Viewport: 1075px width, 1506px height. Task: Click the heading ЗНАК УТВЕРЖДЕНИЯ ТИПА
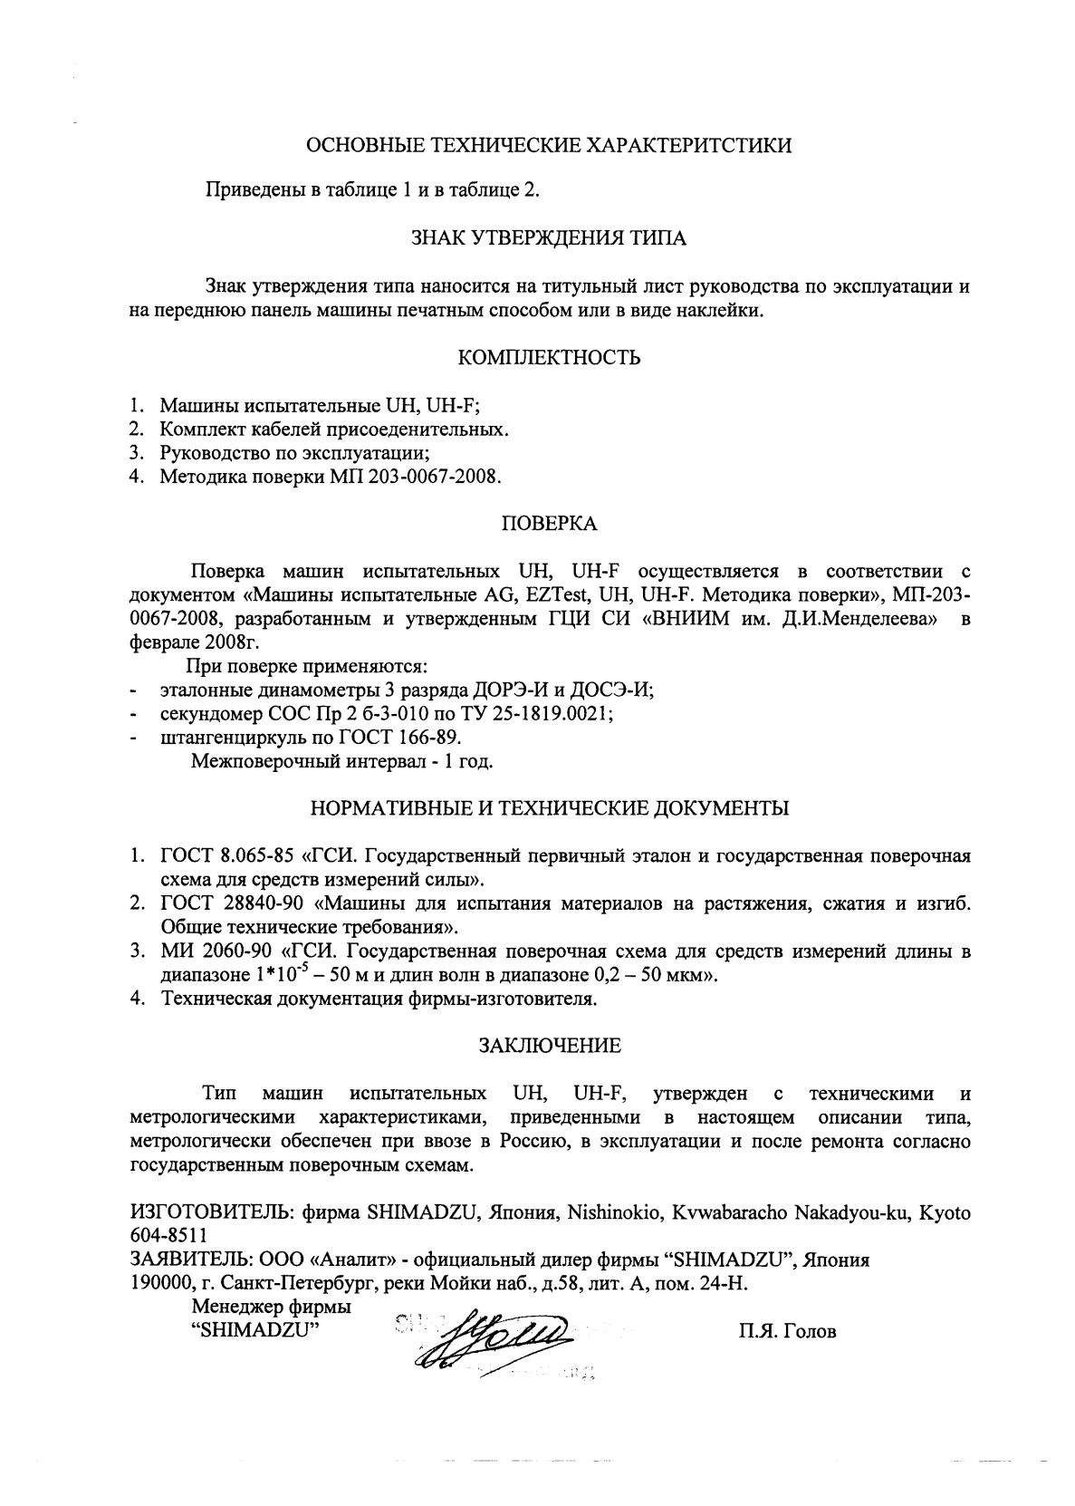point(549,239)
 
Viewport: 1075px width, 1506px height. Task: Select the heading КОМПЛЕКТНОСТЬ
point(550,358)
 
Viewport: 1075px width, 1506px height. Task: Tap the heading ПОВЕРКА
point(549,524)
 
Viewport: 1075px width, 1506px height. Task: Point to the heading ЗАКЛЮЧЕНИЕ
point(550,1046)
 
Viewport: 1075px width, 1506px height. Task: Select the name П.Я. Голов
point(787,1332)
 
